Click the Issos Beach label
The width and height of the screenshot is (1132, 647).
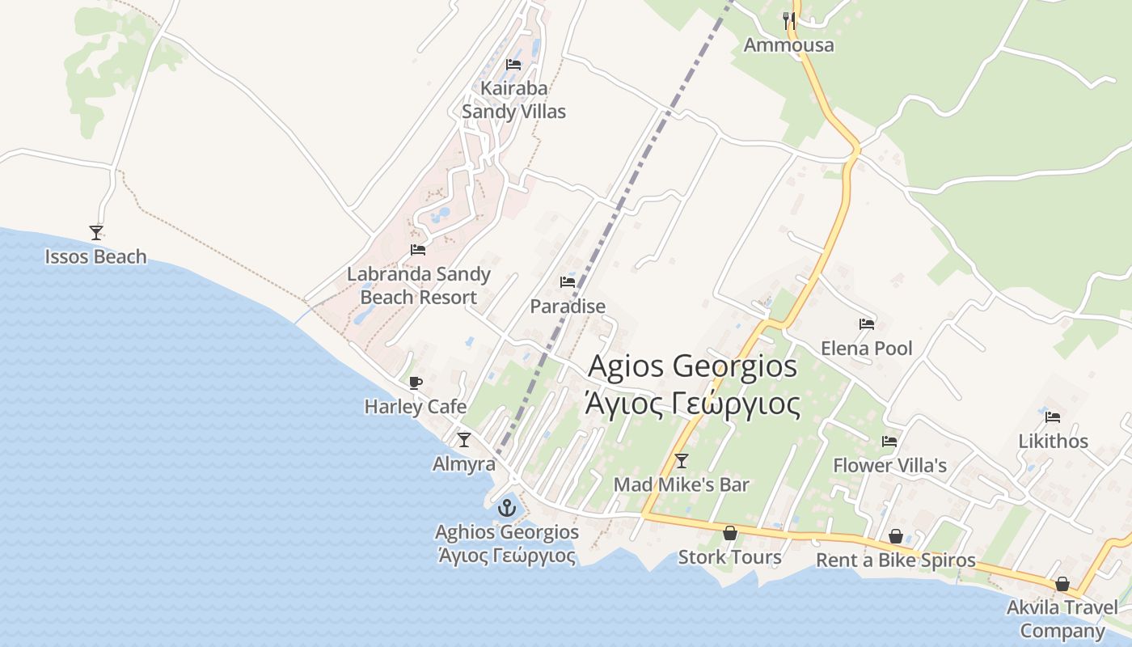click(x=95, y=257)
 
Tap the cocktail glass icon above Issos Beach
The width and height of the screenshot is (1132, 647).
click(x=96, y=233)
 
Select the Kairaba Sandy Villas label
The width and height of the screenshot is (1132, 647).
click(x=513, y=99)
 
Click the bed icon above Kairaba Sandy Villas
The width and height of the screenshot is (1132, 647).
click(x=513, y=65)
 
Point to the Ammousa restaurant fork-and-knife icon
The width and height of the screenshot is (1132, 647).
click(x=789, y=20)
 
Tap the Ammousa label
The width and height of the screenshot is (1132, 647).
click(x=788, y=45)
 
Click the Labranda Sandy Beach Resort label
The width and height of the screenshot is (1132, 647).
click(x=419, y=285)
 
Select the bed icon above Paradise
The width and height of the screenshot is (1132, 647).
click(x=568, y=282)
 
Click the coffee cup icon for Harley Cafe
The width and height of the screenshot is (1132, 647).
click(x=416, y=383)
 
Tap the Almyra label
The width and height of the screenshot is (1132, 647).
click(x=464, y=464)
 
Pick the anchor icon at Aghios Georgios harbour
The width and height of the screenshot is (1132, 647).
click(x=507, y=508)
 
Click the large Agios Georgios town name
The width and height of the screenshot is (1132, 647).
click(x=693, y=366)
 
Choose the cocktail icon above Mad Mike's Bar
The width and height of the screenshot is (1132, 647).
click(x=682, y=461)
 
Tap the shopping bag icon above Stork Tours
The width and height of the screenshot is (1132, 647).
click(x=730, y=533)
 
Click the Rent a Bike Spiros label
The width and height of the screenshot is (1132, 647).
click(x=896, y=560)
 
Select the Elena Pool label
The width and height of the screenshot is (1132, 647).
click(x=867, y=349)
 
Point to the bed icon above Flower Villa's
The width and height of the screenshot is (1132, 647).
click(x=889, y=442)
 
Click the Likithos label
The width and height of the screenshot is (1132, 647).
click(x=1053, y=442)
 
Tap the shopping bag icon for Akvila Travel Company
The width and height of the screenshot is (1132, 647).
click(x=1062, y=584)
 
